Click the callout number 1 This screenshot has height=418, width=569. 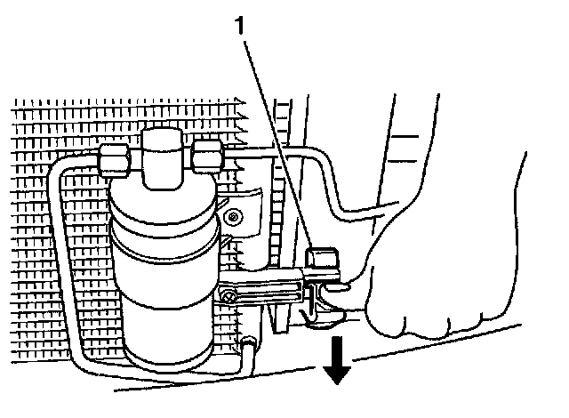pyautogui.click(x=237, y=28)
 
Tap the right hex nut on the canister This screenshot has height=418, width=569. pyautogui.click(x=208, y=157)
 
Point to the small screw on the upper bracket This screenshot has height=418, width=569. pyautogui.click(x=233, y=216)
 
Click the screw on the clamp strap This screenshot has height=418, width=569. pyautogui.click(x=228, y=295)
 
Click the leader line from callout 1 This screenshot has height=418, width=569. pyautogui.click(x=276, y=142)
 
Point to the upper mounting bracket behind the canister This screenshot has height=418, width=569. pyautogui.click(x=244, y=205)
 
